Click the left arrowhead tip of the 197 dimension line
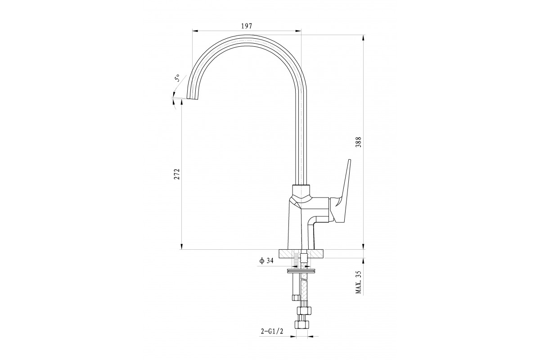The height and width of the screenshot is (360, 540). point(193,31)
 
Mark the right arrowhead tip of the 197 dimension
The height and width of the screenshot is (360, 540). point(301,31)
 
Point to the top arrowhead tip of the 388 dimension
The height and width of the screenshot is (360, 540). point(363,35)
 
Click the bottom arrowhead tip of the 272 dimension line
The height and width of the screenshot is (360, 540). point(181,249)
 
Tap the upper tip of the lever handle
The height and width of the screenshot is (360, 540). point(349,159)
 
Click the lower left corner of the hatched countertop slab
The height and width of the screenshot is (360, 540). point(279,257)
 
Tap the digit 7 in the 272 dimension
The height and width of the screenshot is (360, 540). point(177,174)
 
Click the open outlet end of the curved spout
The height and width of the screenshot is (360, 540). point(194,99)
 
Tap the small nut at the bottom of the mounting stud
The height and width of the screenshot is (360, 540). point(295,298)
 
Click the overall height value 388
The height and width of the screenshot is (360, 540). point(359,142)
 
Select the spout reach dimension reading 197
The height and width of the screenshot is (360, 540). point(247,26)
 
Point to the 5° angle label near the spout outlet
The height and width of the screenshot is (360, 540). point(177,78)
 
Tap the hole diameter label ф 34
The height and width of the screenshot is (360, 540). point(266,261)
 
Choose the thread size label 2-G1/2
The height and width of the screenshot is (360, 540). point(272,332)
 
